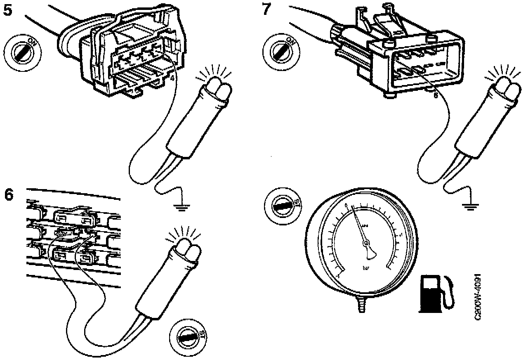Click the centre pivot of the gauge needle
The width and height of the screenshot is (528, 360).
tap(366, 244)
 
